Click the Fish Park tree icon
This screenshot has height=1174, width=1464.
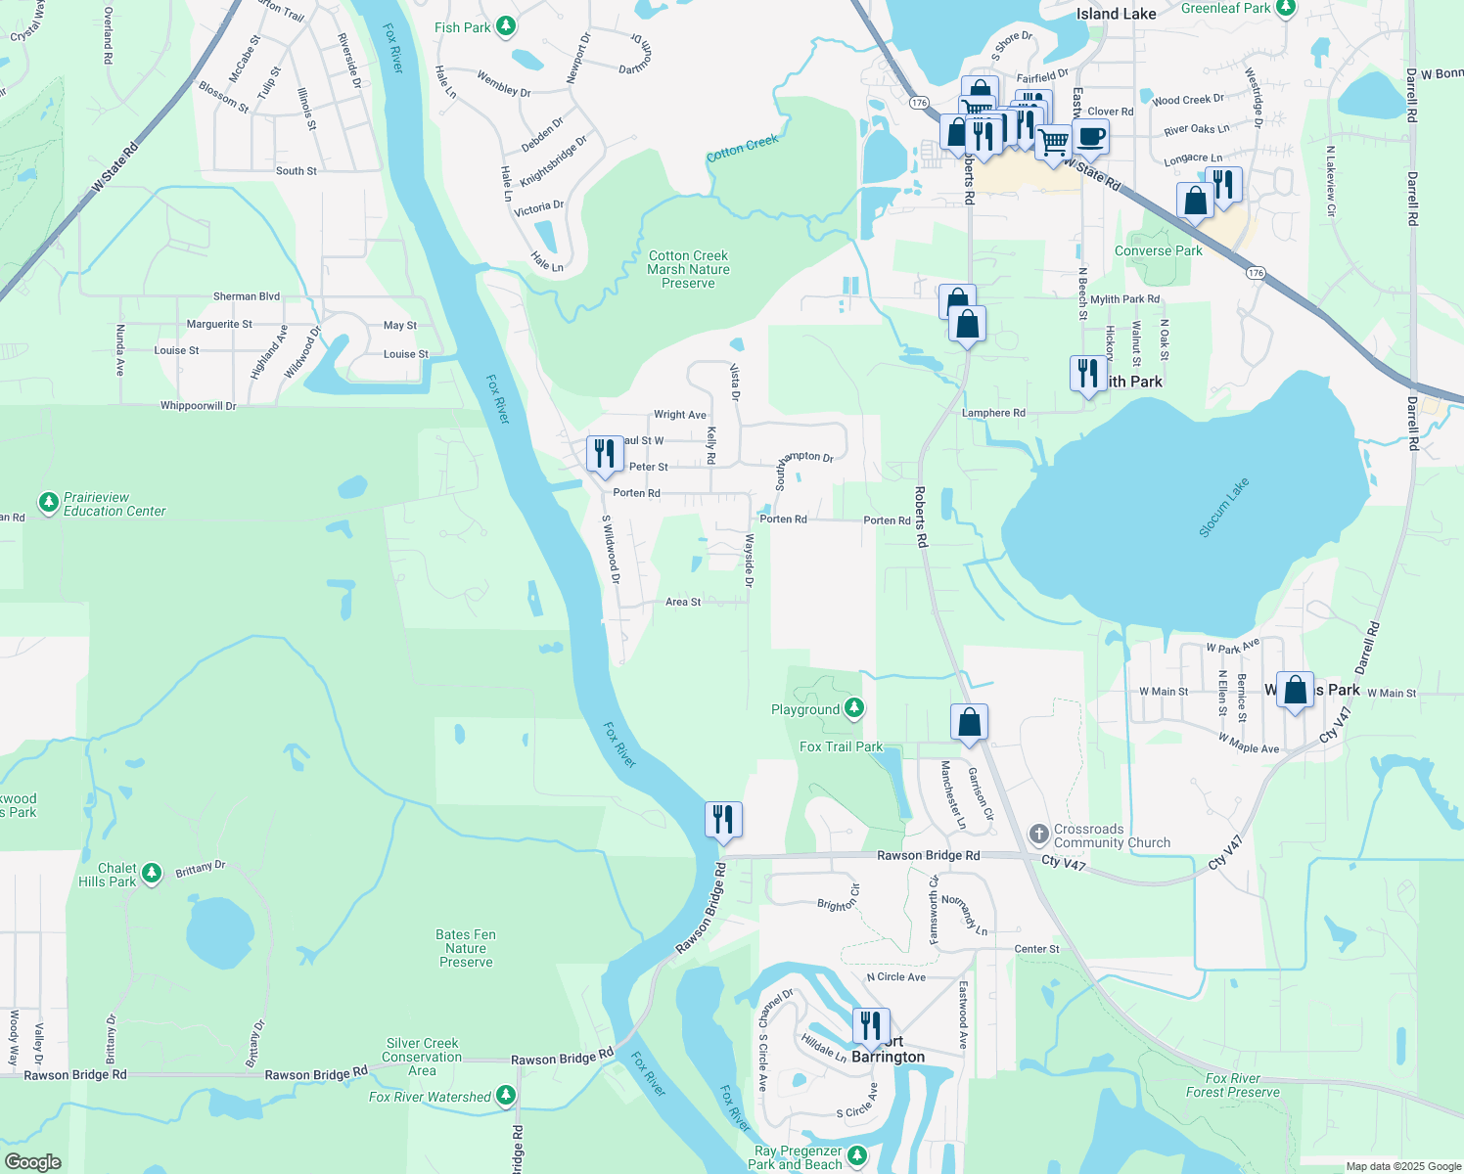(x=506, y=26)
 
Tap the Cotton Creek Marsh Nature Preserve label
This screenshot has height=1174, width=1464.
(x=688, y=269)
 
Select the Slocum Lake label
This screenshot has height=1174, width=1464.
(x=1224, y=508)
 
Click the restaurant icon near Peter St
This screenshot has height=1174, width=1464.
(x=605, y=454)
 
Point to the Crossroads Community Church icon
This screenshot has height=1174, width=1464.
(x=1039, y=835)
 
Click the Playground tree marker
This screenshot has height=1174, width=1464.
(x=854, y=707)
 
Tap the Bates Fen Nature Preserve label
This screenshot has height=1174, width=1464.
(x=466, y=948)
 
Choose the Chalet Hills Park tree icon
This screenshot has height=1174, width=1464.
(x=151, y=873)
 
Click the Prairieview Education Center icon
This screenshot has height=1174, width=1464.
(x=48, y=503)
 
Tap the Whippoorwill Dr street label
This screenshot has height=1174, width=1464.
(x=199, y=405)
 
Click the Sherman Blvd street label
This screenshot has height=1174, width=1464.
(x=247, y=295)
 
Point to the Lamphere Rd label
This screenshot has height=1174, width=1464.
(x=993, y=413)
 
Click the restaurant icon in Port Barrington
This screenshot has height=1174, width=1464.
(x=870, y=1025)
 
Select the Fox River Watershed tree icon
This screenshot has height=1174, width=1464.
(x=506, y=1096)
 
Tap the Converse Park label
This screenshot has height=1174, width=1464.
(x=1159, y=250)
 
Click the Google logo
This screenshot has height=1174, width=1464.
(x=33, y=1161)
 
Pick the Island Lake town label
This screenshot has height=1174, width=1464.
(x=1116, y=14)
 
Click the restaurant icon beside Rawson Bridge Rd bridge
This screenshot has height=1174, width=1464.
(x=723, y=819)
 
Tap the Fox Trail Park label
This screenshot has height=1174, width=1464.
(x=841, y=746)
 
